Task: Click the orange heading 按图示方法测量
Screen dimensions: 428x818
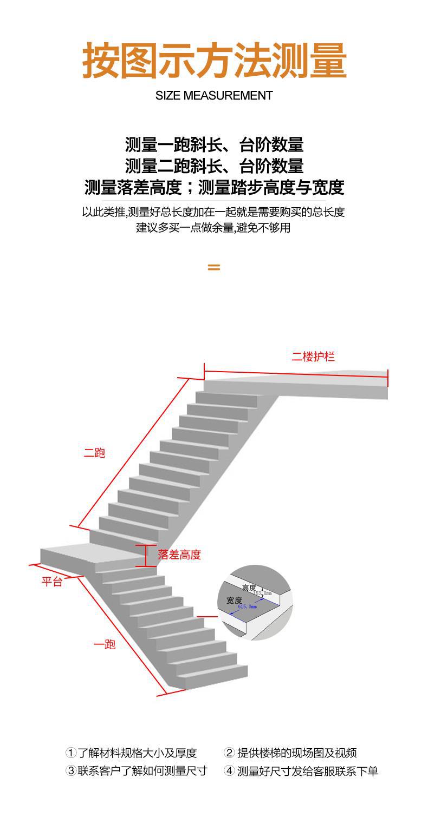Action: (214, 61)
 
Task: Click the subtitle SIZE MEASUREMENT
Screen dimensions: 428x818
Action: (214, 96)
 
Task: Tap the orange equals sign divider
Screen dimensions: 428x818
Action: (214, 267)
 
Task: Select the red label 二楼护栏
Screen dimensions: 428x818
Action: (313, 357)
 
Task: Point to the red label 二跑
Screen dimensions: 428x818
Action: (94, 453)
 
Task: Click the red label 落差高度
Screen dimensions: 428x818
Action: (179, 555)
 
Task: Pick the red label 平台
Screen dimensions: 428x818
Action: (52, 582)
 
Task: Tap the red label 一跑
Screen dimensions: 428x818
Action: (105, 644)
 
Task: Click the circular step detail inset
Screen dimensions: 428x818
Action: (255, 602)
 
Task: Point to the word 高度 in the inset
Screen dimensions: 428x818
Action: (249, 588)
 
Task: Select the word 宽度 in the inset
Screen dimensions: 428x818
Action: (234, 601)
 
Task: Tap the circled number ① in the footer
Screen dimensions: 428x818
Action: (70, 753)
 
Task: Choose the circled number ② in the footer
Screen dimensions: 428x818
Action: (229, 753)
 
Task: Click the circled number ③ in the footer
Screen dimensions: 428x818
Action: (70, 771)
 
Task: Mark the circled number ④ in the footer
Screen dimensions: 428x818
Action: (229, 771)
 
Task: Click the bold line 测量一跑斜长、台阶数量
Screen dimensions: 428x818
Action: (214, 145)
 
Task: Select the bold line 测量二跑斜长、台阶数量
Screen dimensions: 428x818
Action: (214, 166)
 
